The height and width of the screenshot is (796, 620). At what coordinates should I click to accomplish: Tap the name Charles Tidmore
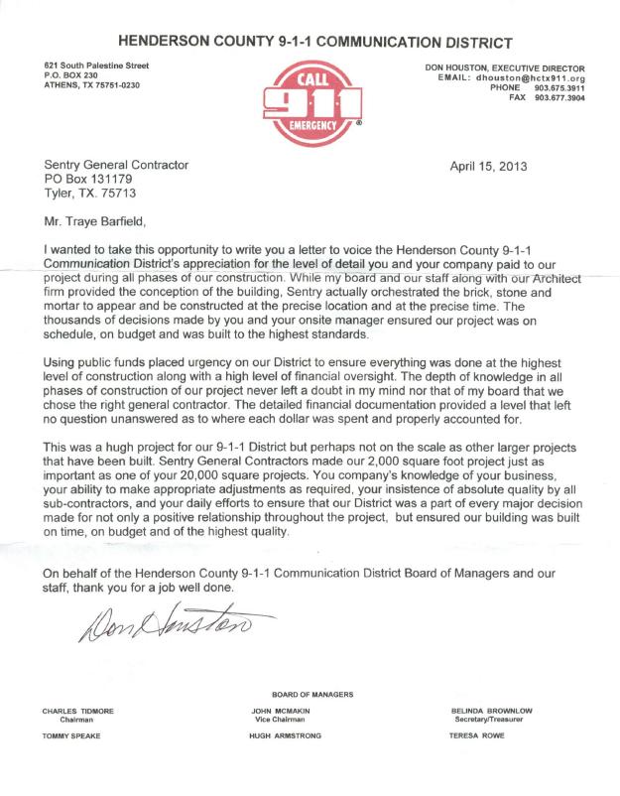click(x=75, y=712)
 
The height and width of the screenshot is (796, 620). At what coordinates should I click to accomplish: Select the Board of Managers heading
click(x=311, y=694)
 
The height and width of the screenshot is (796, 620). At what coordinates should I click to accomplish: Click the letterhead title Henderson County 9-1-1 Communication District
click(x=314, y=42)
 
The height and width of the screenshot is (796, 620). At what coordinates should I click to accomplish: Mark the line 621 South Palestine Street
click(x=89, y=66)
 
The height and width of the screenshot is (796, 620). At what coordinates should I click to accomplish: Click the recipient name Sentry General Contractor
click(x=116, y=166)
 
